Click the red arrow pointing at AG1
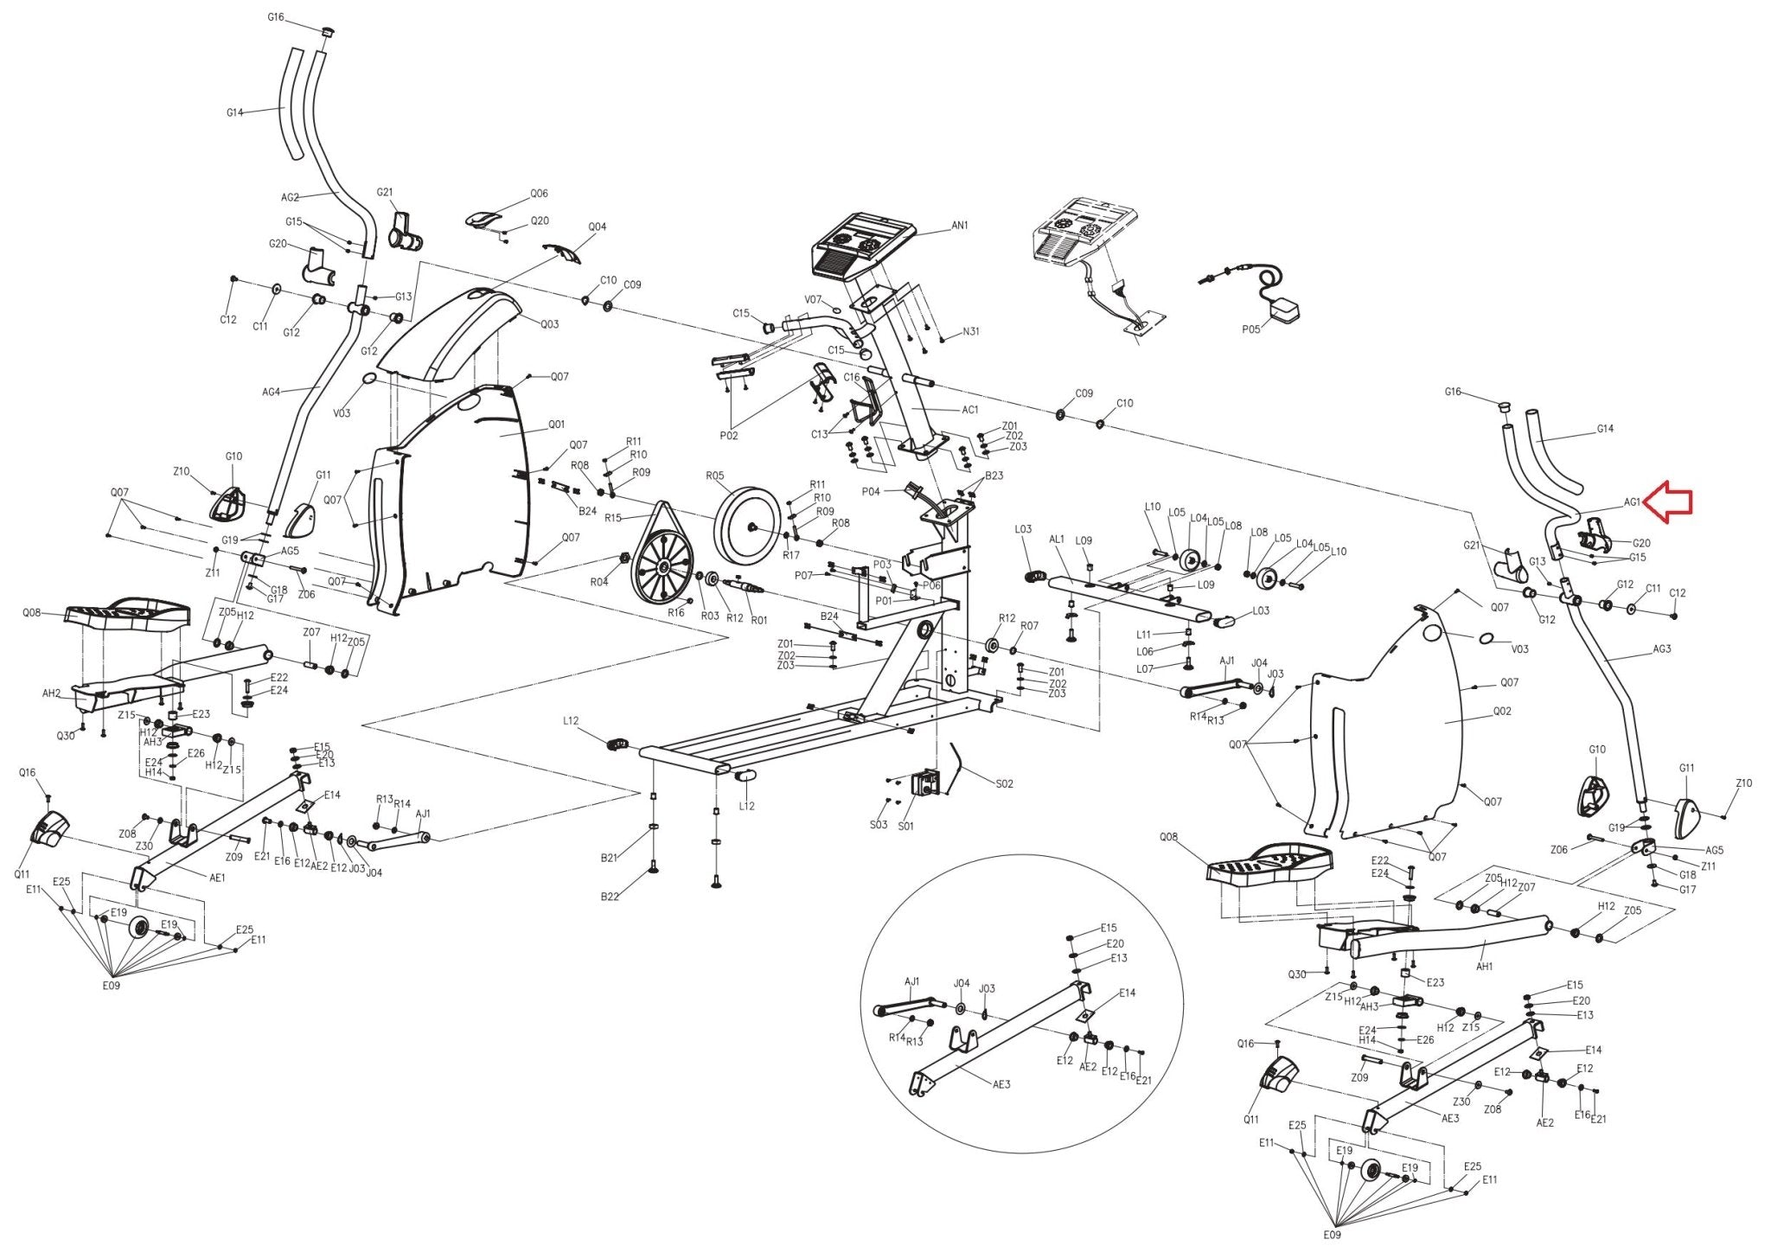tap(1668, 504)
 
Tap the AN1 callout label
tap(960, 226)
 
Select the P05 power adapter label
tap(1250, 329)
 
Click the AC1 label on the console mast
tap(970, 410)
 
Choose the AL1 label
tap(1056, 539)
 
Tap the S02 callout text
tap(1004, 784)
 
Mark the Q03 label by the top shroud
tap(550, 325)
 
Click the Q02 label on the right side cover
tap(1502, 712)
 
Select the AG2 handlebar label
tap(291, 198)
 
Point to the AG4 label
tap(271, 393)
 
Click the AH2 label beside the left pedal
tap(52, 693)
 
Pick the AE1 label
tap(218, 878)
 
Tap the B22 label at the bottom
tap(610, 897)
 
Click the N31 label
tap(971, 332)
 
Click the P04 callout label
tap(871, 492)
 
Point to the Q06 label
tap(539, 194)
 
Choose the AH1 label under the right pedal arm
tap(1484, 967)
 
